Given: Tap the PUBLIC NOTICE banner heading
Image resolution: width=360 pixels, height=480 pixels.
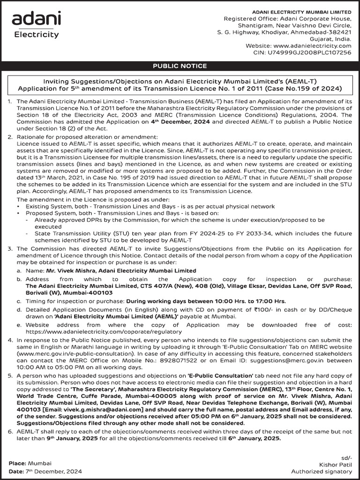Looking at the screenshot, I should (x=180, y=66).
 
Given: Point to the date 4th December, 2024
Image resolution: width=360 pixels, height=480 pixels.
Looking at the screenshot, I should (x=177, y=122).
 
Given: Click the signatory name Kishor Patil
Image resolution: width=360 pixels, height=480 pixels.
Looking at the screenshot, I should (x=335, y=464).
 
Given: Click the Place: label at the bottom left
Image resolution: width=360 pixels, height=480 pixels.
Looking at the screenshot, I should (x=17, y=463).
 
